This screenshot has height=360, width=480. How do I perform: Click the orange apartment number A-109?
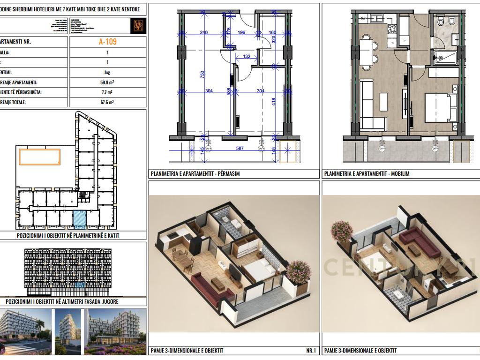[107, 41]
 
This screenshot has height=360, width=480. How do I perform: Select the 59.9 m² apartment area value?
[107, 82]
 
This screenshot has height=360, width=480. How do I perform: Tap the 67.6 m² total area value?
[107, 102]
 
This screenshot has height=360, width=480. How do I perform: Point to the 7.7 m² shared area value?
[107, 92]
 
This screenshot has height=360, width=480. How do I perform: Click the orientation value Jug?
[107, 72]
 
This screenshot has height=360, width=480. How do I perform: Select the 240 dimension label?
[203, 32]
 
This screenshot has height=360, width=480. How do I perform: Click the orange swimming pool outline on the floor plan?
[39, 156]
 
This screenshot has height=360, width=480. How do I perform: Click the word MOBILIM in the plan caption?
[399, 173]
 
